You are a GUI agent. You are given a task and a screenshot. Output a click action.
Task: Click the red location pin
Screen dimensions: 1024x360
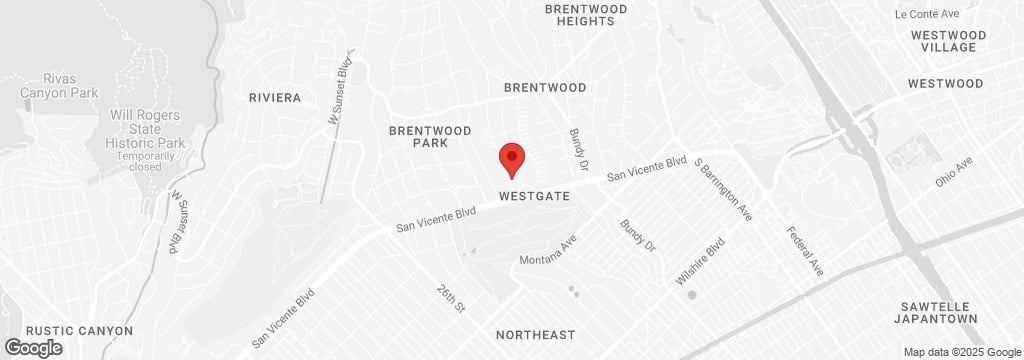click(512, 159)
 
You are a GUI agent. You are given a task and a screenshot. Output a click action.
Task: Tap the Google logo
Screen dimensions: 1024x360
click(32, 348)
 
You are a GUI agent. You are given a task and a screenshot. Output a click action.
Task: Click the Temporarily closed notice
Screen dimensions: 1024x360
click(138, 162)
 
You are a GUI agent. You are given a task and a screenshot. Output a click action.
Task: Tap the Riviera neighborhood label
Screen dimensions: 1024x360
click(275, 98)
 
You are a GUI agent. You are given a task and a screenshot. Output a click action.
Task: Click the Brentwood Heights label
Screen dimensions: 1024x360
click(585, 15)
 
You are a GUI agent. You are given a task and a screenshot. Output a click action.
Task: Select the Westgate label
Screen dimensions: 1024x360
click(535, 197)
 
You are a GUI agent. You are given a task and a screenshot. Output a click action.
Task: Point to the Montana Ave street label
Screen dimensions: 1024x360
click(549, 251)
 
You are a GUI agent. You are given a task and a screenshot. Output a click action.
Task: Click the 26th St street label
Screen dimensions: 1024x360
click(451, 298)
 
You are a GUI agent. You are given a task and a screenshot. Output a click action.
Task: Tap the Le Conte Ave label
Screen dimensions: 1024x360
click(927, 14)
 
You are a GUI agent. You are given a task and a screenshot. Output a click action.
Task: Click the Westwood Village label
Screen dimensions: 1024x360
click(949, 41)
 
